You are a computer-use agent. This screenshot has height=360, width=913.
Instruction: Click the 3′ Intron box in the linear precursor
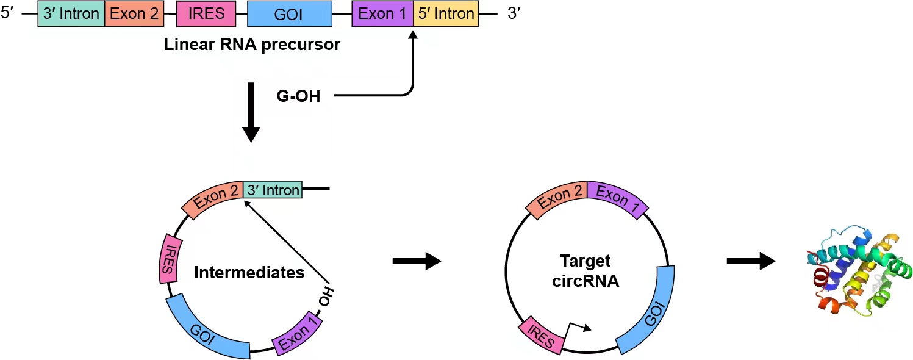click(x=71, y=13)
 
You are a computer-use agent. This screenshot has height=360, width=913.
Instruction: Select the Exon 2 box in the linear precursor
click(x=135, y=13)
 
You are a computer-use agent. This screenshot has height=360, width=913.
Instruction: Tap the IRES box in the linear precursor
click(x=207, y=13)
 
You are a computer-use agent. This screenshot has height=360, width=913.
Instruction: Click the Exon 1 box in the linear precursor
click(x=382, y=13)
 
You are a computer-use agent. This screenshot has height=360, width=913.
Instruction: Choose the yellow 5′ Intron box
click(x=446, y=13)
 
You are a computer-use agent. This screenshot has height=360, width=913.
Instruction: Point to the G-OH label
click(x=298, y=96)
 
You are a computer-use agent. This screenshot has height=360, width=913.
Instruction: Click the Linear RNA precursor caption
click(x=252, y=46)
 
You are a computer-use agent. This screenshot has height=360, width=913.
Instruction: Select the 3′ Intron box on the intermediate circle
click(x=273, y=190)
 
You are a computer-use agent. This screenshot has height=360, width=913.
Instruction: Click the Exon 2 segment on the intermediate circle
click(x=216, y=195)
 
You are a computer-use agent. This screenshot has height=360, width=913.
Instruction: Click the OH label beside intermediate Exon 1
click(x=326, y=297)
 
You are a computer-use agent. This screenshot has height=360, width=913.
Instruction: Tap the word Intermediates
click(x=249, y=273)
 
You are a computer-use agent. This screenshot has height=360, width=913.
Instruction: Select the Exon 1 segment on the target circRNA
click(x=616, y=199)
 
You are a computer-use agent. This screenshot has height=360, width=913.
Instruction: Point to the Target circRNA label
click(x=585, y=272)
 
